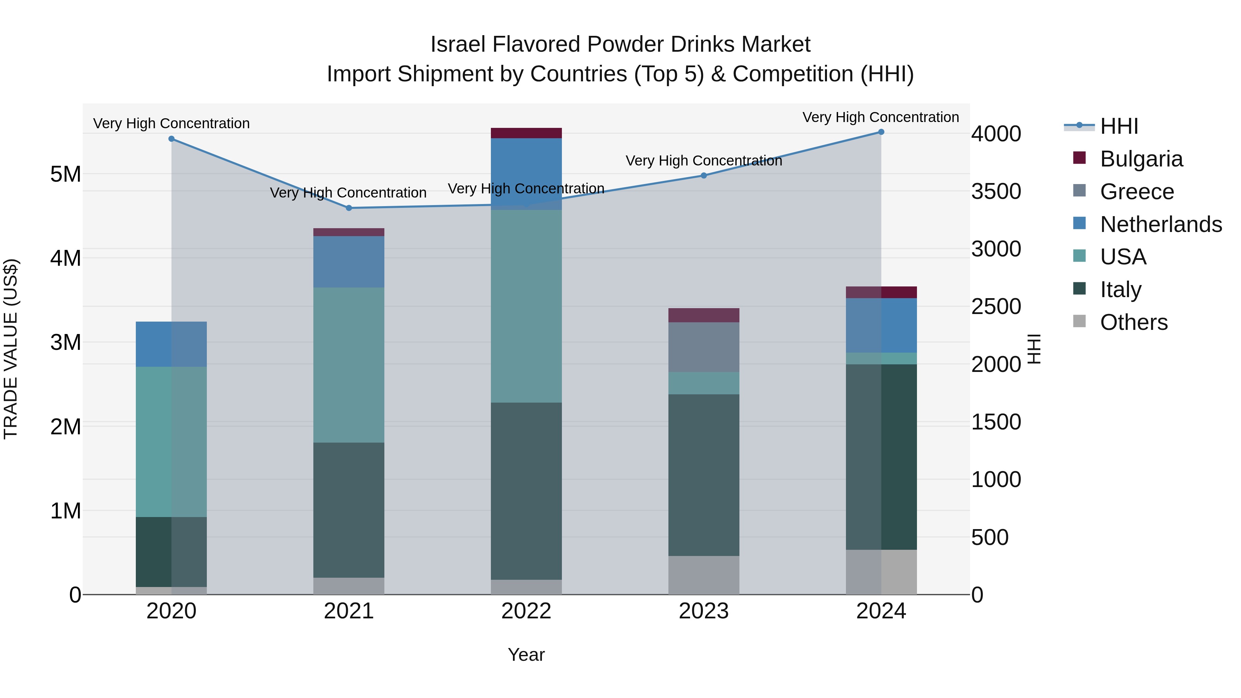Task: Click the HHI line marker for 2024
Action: click(881, 132)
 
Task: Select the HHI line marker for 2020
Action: click(172, 139)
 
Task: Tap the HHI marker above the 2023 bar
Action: click(703, 175)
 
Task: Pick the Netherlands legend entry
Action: click(1161, 224)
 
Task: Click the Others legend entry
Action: click(1133, 322)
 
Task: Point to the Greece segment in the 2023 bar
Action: click(703, 347)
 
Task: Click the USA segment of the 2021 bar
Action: click(349, 365)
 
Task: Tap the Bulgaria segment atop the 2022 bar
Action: click(526, 133)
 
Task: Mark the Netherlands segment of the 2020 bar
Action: click(172, 344)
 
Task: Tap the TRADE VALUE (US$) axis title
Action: click(11, 349)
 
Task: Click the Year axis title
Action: click(526, 655)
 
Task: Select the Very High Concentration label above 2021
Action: click(348, 193)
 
